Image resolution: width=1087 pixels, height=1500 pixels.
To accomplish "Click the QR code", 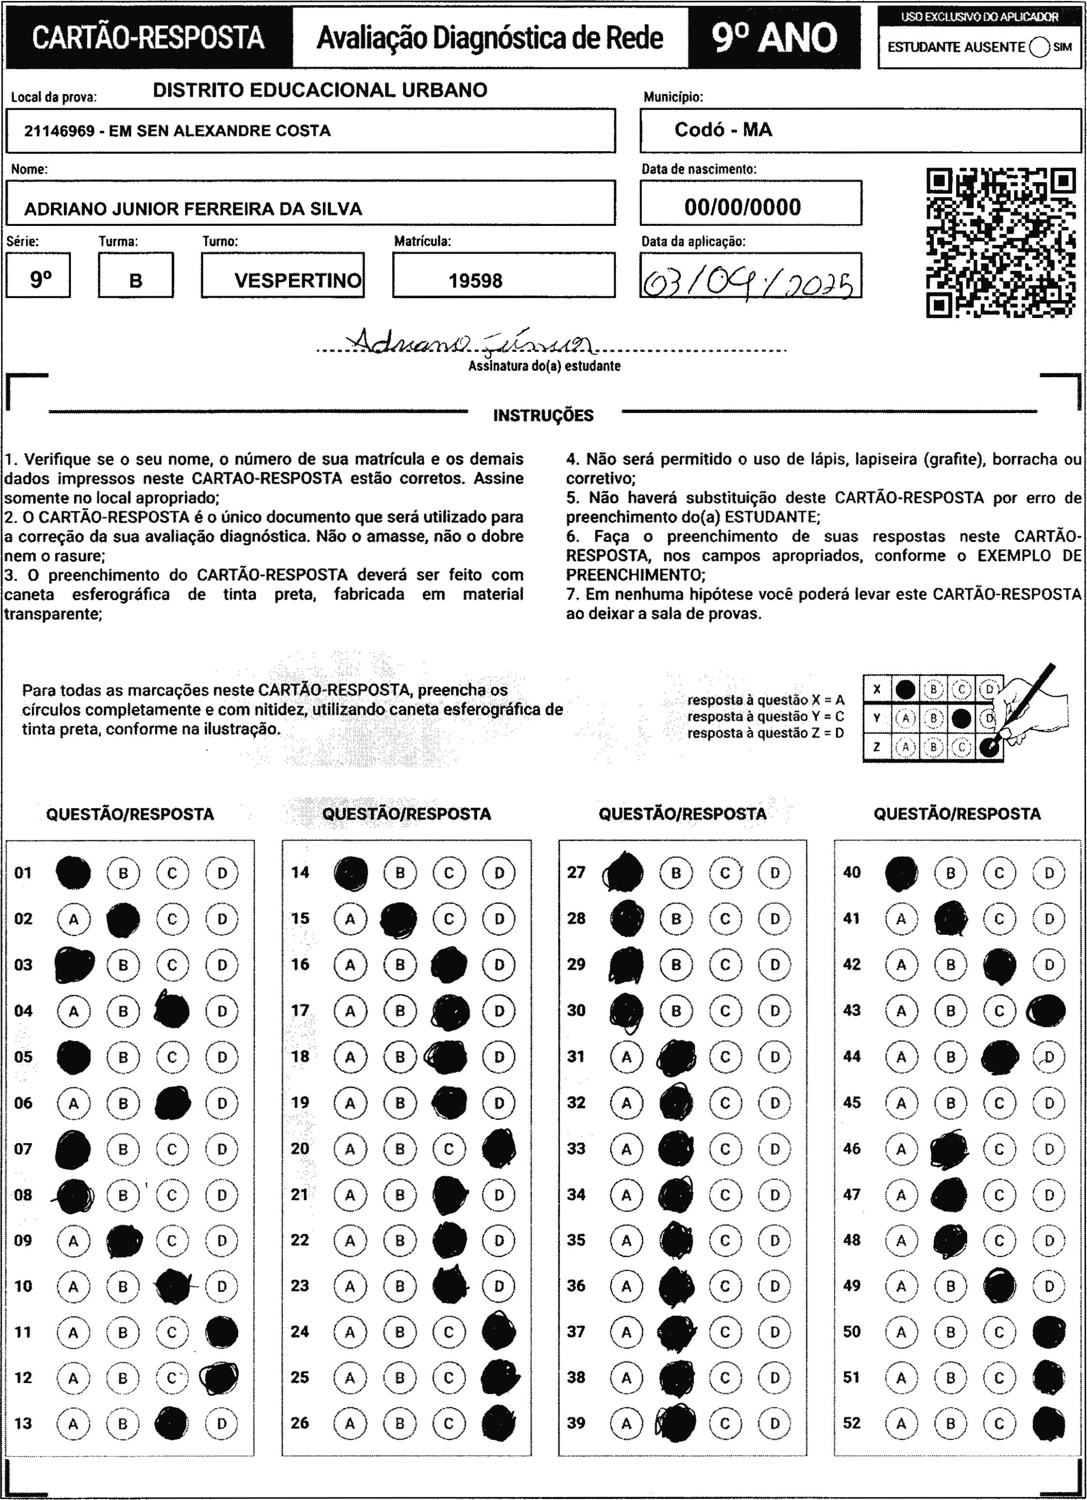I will (x=1000, y=243).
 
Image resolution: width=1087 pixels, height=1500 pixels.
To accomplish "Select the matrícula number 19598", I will (x=475, y=280).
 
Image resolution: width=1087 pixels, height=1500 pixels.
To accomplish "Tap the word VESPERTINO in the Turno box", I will (x=298, y=280).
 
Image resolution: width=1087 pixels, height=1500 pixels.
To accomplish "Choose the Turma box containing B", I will (x=136, y=280).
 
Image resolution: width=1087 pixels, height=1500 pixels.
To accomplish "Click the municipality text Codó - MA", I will (x=723, y=129).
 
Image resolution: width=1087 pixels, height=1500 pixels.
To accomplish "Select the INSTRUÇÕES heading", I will (x=543, y=415).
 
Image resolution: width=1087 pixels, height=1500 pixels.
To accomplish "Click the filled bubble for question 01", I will (x=73, y=872).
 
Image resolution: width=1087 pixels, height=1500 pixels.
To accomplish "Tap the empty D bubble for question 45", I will (x=1049, y=1102).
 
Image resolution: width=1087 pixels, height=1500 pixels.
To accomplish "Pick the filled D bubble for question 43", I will (x=1046, y=1010).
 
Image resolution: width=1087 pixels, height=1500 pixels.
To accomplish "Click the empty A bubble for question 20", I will (x=350, y=1149).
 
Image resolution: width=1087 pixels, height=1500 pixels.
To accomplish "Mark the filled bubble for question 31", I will (x=675, y=1057).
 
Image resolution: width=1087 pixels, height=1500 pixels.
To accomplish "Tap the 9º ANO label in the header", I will (x=774, y=38).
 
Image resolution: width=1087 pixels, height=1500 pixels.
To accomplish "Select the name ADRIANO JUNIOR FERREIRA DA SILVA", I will (x=193, y=209).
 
